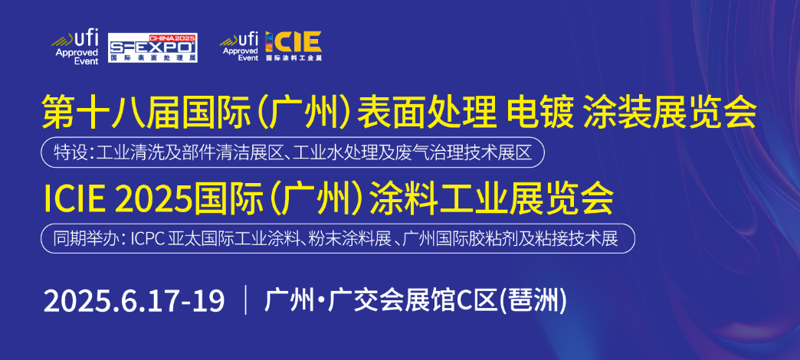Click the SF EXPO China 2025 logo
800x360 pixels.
click(x=153, y=48)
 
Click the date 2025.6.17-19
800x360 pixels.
click(x=134, y=301)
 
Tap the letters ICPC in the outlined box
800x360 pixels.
click(x=147, y=239)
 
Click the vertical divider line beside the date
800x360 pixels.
click(x=247, y=301)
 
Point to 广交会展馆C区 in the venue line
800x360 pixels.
click(x=412, y=301)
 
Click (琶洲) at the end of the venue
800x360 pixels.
click(x=532, y=301)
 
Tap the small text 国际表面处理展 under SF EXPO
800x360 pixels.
click(x=153, y=57)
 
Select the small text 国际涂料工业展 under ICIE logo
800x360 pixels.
click(x=294, y=57)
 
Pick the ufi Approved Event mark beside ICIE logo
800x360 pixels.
click(x=239, y=45)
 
